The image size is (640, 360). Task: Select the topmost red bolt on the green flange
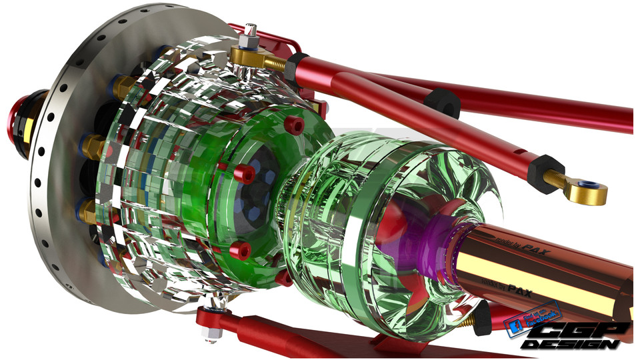click(x=294, y=125)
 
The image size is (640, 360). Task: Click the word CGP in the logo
click(x=587, y=331)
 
